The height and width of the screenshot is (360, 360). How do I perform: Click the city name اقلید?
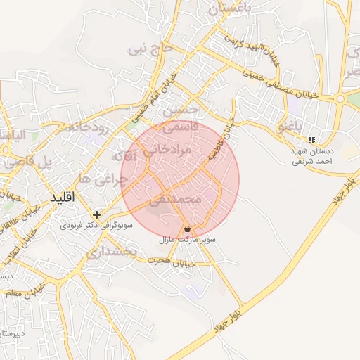[63, 198]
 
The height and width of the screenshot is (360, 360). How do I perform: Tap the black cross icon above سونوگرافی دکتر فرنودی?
[96, 214]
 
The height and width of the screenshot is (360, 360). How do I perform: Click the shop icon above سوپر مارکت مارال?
[187, 229]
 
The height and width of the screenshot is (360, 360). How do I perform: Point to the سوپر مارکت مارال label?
[187, 240]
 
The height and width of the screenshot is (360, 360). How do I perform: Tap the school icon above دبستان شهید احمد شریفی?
[311, 140]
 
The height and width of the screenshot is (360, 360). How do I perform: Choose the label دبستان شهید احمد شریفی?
[312, 155]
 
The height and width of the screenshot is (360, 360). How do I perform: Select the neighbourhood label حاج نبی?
[150, 49]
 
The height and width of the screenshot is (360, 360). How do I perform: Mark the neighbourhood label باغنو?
[290, 127]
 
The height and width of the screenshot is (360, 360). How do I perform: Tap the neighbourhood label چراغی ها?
[103, 179]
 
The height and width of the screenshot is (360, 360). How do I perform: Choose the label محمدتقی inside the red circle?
[175, 201]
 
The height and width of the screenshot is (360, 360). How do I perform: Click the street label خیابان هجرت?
[169, 260]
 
